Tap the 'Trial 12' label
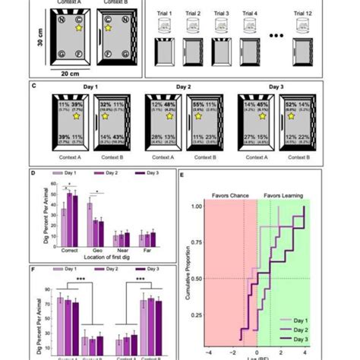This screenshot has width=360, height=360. pyautogui.click(x=304, y=14)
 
